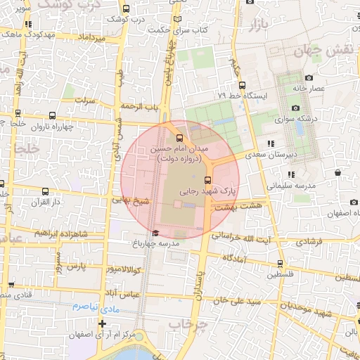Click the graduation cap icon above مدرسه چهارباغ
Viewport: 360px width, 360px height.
[x=155, y=233]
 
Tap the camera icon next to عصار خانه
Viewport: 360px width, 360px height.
[x=309, y=78]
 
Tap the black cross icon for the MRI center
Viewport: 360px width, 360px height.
[x=103, y=323]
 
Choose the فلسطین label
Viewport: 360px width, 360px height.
[x=281, y=275]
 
